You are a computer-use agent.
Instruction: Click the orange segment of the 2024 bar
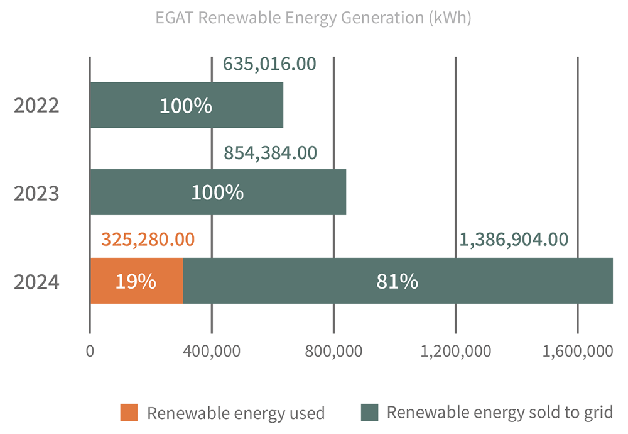pos(137,281)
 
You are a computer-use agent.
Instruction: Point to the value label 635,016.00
pos(269,64)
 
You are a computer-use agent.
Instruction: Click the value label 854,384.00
pos(270,152)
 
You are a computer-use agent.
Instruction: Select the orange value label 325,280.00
pos(148,239)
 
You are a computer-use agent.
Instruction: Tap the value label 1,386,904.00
pos(514,239)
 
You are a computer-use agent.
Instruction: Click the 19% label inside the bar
pos(135,281)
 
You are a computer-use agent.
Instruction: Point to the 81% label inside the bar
pos(397,281)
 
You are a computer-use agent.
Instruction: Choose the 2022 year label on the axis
pos(36,105)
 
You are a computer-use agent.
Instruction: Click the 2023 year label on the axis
pos(36,192)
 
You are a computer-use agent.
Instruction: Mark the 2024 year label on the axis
pos(36,281)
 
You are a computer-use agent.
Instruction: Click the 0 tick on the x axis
pos(90,352)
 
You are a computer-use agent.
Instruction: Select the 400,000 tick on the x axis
pos(212,352)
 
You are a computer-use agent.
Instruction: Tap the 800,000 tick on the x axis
pos(333,352)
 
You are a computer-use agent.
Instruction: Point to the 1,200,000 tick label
pos(455,352)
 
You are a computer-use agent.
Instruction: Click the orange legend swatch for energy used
pos(129,413)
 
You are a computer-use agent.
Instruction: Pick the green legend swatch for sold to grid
pos(370,413)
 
